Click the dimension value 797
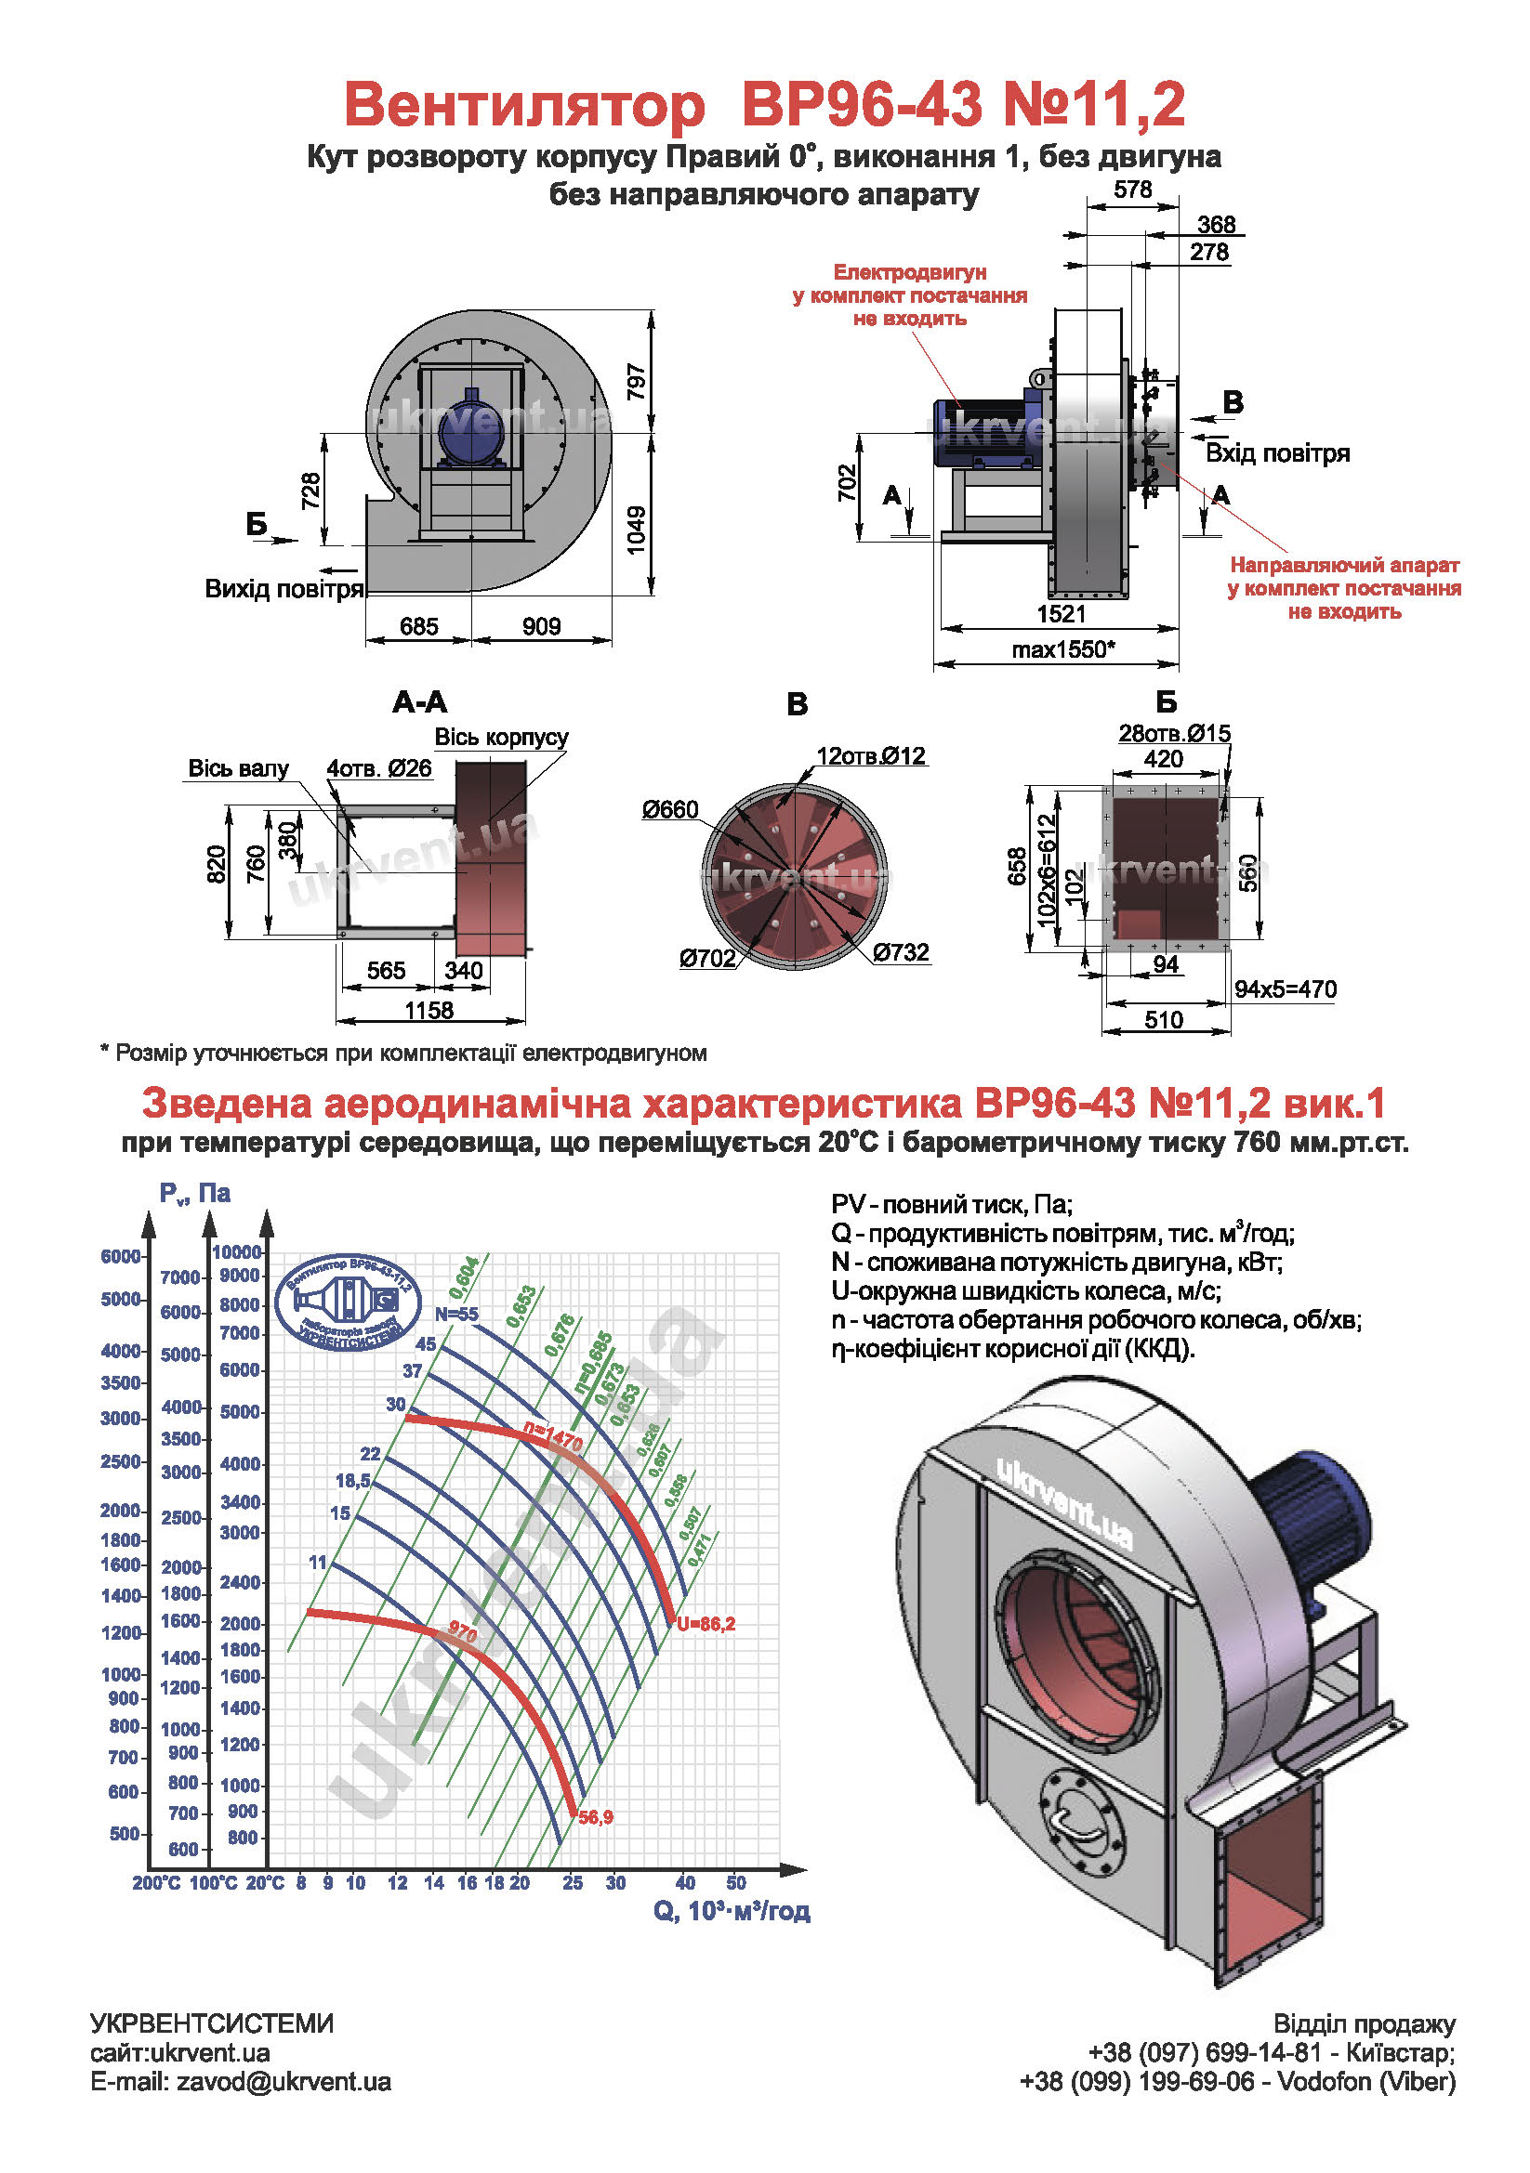point(635,382)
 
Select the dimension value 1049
point(635,529)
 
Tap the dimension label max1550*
point(1063,649)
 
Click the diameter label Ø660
point(669,809)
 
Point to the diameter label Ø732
point(901,952)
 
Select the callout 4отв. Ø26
point(378,767)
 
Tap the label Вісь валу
point(238,767)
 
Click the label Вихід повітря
point(284,589)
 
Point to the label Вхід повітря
point(1276,453)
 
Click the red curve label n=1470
point(553,1438)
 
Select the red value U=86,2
point(706,1624)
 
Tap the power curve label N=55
point(456,1314)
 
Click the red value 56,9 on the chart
point(596,1817)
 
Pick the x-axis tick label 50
point(735,1882)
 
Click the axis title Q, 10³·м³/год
point(731,1911)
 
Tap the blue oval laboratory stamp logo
point(349,1302)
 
